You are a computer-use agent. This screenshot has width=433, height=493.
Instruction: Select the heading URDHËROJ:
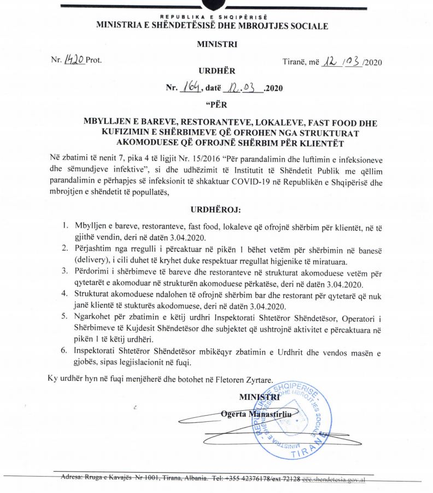215,209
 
